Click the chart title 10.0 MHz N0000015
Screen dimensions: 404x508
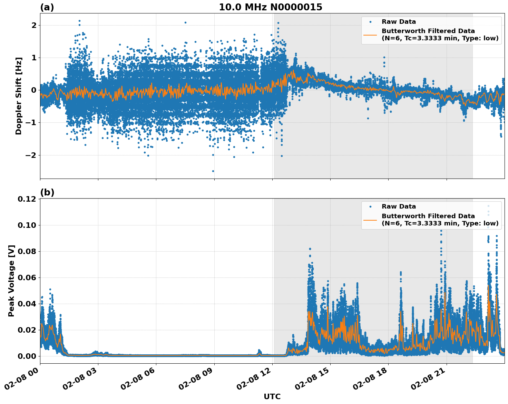pyautogui.click(x=270, y=7)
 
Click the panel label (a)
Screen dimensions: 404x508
pyautogui.click(x=47, y=7)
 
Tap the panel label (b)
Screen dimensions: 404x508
pyautogui.click(x=47, y=192)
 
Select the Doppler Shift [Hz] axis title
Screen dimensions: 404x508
pyautogui.click(x=19, y=96)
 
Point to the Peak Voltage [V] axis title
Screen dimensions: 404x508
pyautogui.click(x=11, y=281)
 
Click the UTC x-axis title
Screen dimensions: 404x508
pyautogui.click(x=272, y=396)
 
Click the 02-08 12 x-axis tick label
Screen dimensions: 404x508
pyautogui.click(x=256, y=380)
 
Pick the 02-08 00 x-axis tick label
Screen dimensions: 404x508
pyautogui.click(x=24, y=380)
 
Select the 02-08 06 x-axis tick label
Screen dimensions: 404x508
pyautogui.click(x=140, y=380)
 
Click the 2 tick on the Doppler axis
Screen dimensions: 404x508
pyautogui.click(x=34, y=25)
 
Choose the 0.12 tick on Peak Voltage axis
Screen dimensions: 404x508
pyautogui.click(x=27, y=199)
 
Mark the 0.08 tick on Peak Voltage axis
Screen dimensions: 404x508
pyautogui.click(x=27, y=252)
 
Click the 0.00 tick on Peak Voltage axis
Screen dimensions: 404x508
pyautogui.click(x=27, y=356)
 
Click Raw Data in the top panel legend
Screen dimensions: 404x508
pyautogui.click(x=399, y=22)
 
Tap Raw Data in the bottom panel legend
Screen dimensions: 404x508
pyautogui.click(x=399, y=206)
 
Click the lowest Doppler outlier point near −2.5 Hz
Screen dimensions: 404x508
pyautogui.click(x=213, y=171)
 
